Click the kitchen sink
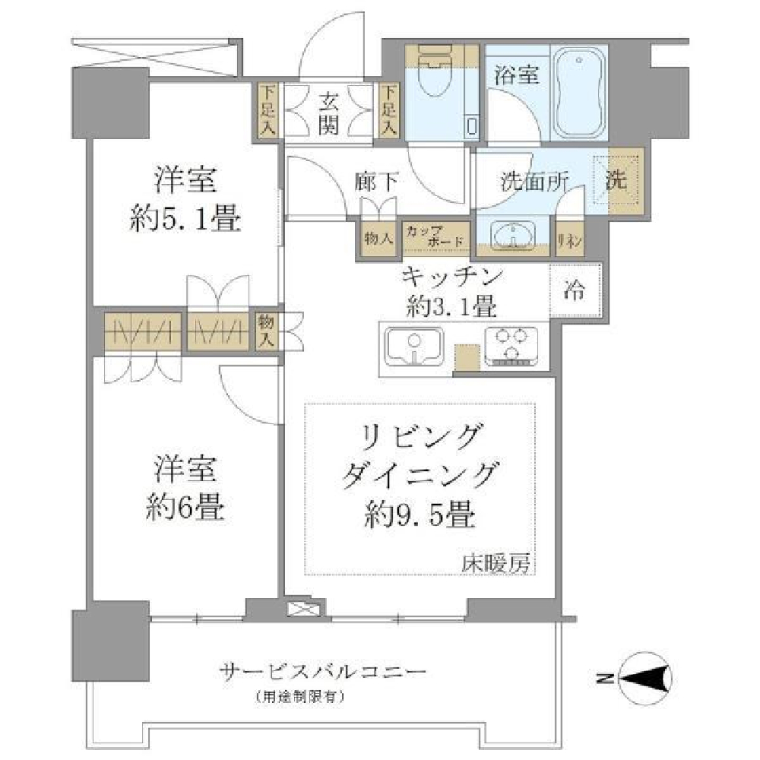(414, 348)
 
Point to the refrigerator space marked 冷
(575, 291)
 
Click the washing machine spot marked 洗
(622, 180)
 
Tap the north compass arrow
(643, 678)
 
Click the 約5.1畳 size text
(185, 219)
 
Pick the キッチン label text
(452, 277)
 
